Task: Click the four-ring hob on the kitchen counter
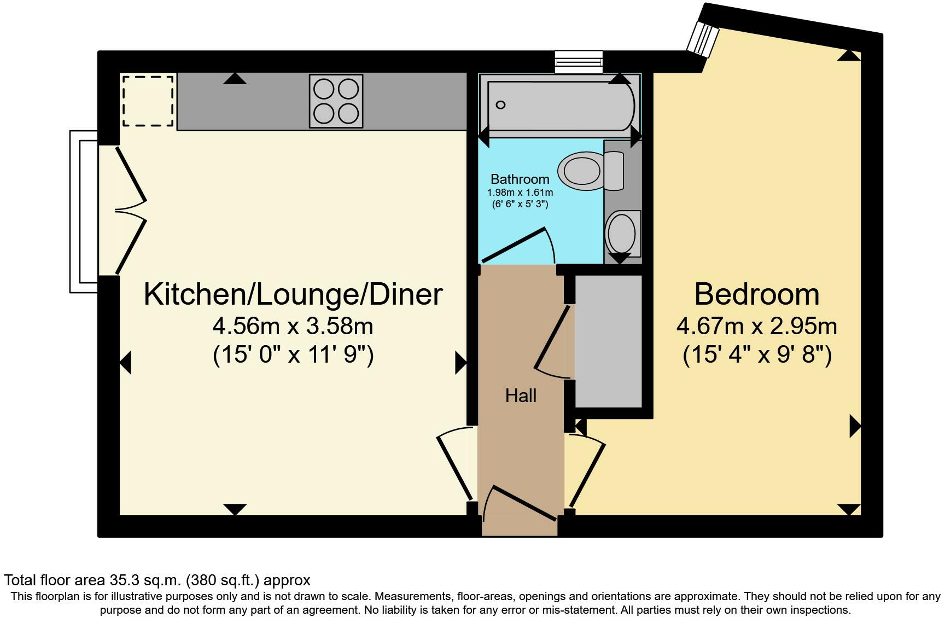336,101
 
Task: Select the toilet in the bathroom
591,171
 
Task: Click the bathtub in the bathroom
561,106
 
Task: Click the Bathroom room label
520,179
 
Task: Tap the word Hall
521,395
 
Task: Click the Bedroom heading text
757,294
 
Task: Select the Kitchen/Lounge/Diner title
293,294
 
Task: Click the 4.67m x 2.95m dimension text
757,327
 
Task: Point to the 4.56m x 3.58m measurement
293,327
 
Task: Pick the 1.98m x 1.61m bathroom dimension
520,193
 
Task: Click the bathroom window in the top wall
579,61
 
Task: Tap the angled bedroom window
703,39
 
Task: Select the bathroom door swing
517,246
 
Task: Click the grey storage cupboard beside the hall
608,341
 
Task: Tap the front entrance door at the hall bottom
520,503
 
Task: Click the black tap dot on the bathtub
500,105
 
